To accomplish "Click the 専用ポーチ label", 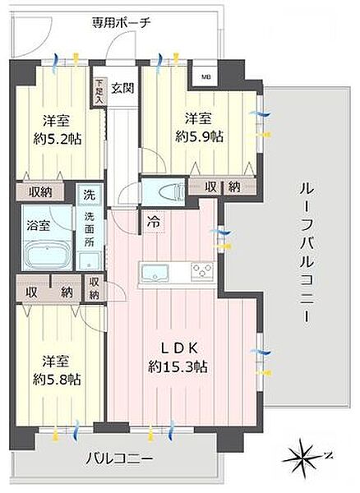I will tap(121, 23).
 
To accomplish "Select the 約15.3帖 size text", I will tap(178, 366).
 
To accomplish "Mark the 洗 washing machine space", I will tap(88, 197).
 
